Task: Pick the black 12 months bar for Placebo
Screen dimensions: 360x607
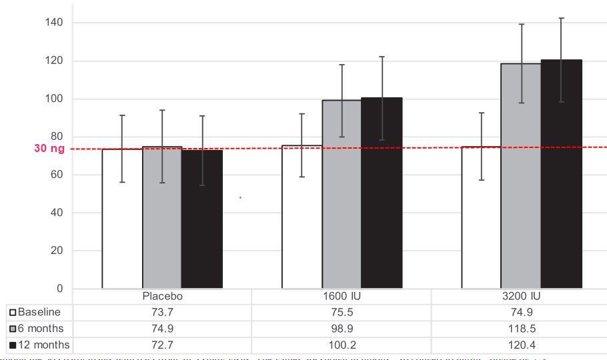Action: pos(201,219)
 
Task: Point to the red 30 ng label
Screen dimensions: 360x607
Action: pos(49,149)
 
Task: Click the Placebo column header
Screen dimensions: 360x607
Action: pos(162,297)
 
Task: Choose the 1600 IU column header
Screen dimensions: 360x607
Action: pos(342,297)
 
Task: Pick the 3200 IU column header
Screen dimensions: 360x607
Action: pos(521,297)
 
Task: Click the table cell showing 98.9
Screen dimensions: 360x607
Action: pos(342,329)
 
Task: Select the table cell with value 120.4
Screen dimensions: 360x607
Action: pos(521,345)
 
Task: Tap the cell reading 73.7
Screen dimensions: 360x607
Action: pos(162,313)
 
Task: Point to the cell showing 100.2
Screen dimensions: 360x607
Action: pos(342,345)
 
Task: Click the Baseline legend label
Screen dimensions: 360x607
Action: pos(39,313)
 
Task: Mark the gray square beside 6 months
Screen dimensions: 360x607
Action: pos(13,329)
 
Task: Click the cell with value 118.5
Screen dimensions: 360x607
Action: pos(521,329)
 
